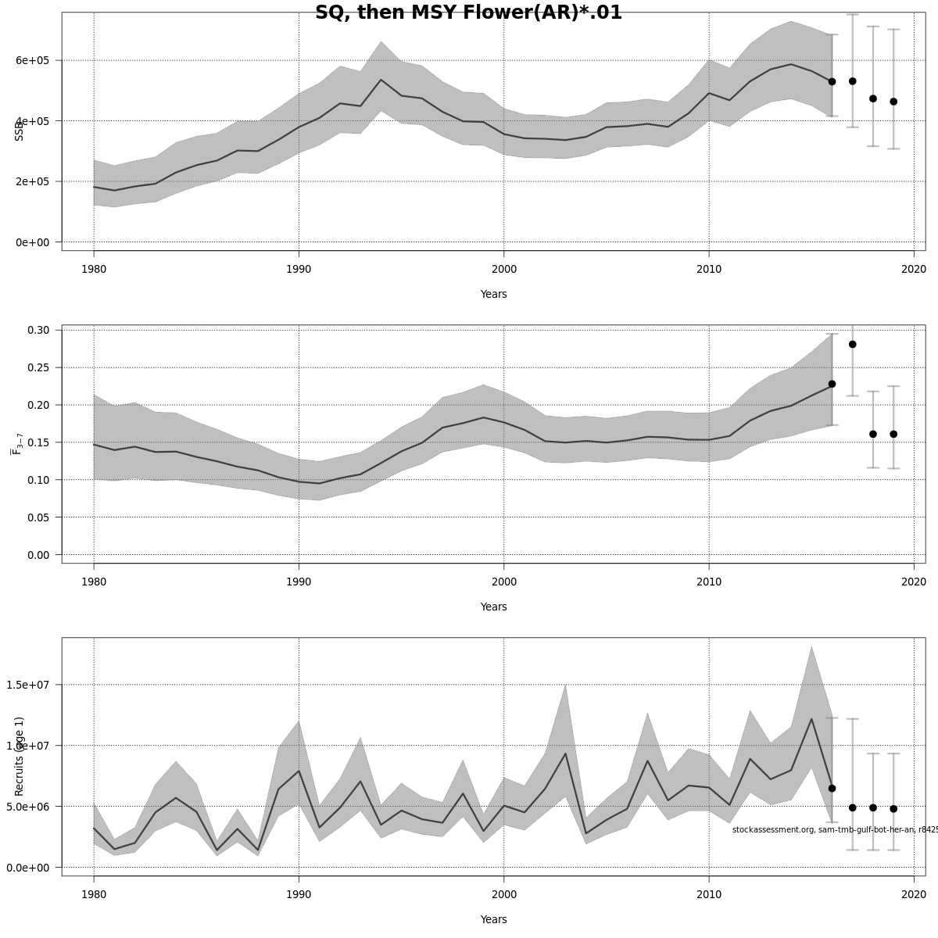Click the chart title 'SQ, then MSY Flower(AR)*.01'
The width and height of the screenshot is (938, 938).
tap(468, 13)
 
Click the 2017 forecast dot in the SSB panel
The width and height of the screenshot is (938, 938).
tap(852, 81)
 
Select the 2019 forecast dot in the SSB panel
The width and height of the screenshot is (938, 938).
tap(893, 102)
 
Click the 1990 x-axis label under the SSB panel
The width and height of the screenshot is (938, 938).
tap(299, 270)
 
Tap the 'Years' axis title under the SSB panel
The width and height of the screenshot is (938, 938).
tap(493, 295)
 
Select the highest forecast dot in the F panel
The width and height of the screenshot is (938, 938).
tap(852, 344)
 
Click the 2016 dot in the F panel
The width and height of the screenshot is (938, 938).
tap(832, 384)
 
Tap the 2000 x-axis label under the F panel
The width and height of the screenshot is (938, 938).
tap(503, 582)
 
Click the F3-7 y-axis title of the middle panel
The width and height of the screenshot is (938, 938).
tap(16, 442)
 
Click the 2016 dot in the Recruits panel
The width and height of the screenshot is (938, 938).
tap(832, 788)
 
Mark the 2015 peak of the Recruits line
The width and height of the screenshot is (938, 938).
tap(811, 719)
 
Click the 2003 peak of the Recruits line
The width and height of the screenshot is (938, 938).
tap(565, 754)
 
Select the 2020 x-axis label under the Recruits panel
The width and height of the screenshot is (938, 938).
tap(914, 895)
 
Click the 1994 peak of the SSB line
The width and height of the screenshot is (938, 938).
tap(381, 80)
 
